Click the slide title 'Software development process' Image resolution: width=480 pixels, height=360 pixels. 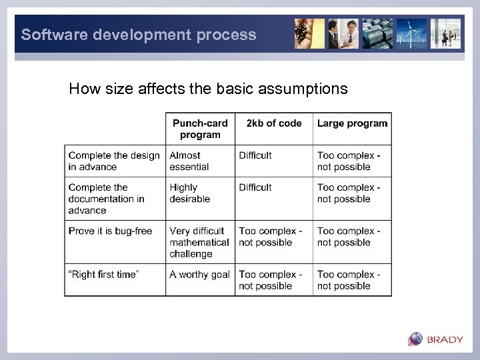coord(139,35)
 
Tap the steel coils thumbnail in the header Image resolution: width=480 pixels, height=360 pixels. coord(377,33)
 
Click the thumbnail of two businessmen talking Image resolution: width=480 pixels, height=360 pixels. coord(343,33)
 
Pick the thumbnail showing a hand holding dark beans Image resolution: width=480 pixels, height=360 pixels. coord(309,33)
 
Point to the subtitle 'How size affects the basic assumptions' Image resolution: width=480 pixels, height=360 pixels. coord(208,89)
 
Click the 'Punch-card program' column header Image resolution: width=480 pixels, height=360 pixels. coord(200,129)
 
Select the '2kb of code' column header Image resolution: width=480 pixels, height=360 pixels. coord(273,123)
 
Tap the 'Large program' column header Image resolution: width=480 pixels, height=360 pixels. coord(352,123)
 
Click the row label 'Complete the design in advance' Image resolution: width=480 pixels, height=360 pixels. coord(114,161)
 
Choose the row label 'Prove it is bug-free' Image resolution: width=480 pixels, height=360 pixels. coord(110,231)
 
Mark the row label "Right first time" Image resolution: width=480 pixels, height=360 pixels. coord(103,275)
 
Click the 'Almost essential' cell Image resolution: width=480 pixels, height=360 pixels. coord(189,161)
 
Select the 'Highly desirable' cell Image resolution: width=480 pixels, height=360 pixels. coord(190,193)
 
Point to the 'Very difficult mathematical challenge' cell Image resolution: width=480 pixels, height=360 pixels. coord(199,242)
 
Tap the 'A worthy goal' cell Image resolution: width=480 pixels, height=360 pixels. coord(199,275)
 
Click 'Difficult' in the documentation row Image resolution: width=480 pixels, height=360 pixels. coord(255,188)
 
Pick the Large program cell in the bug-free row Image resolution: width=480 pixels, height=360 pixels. coord(349,237)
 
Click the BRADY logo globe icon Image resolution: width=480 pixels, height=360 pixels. coord(415,339)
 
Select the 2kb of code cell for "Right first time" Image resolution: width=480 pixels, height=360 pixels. coord(271,280)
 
